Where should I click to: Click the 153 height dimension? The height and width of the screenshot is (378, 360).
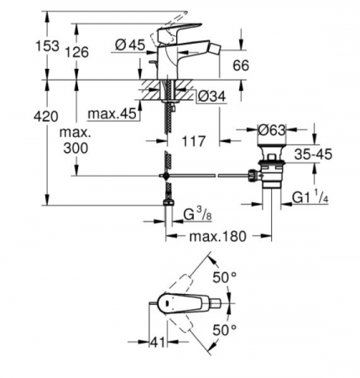click(48, 45)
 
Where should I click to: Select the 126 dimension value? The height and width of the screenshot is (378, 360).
click(77, 52)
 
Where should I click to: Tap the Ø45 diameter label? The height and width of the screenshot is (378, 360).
click(130, 45)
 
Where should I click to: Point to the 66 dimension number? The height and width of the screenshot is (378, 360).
click(241, 66)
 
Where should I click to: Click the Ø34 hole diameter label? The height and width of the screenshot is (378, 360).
click(211, 97)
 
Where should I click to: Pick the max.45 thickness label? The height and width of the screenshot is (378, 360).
click(112, 114)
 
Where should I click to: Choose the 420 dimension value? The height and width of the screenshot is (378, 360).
click(46, 116)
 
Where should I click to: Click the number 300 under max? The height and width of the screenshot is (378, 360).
click(76, 148)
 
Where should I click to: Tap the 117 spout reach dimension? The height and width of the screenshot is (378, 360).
click(194, 141)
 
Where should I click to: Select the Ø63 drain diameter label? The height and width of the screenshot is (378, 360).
click(272, 130)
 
